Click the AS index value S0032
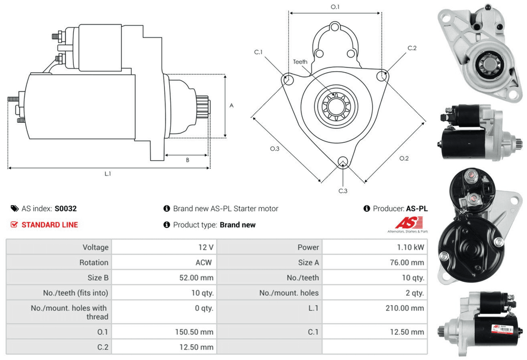point(66,209)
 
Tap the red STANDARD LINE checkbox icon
point(14,225)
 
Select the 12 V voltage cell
point(207,247)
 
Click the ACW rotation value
point(204,262)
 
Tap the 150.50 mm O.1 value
point(194,332)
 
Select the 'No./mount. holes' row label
point(289,293)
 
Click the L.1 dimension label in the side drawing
point(108,173)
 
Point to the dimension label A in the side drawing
point(231,105)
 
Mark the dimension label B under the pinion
point(187,160)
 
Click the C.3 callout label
point(343,190)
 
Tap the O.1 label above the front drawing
point(335,7)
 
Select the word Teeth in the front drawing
point(300,62)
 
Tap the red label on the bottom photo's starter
point(497,328)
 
